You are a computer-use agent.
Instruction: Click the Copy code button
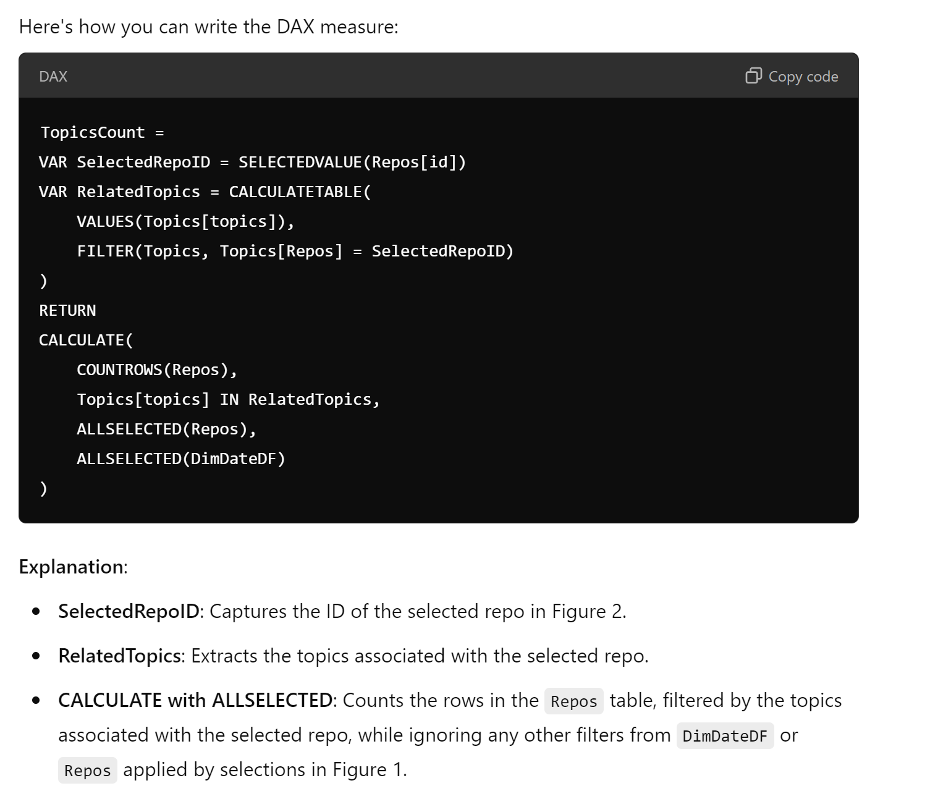coord(792,77)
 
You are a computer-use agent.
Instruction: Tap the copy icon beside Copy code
coord(754,75)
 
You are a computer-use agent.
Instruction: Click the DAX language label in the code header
coord(53,77)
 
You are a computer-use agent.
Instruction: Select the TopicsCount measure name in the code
coord(93,133)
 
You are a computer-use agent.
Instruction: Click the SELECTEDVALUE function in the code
coord(300,163)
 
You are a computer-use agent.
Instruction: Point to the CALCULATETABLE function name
coord(295,192)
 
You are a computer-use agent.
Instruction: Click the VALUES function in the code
coord(105,222)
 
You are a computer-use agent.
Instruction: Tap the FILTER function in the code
coord(105,252)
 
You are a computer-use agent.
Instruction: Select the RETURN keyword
coord(67,311)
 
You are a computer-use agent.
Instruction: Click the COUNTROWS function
coord(119,370)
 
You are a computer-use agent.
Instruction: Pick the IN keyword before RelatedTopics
coord(229,400)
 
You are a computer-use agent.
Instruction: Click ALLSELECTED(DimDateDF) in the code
coord(181,459)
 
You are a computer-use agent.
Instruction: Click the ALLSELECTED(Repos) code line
coord(166,429)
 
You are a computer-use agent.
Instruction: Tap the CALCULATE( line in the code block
coord(86,341)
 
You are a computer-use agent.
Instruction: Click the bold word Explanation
coord(71,567)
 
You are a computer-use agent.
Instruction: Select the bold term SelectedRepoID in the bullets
coord(129,611)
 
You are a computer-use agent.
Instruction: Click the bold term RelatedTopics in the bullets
coord(120,656)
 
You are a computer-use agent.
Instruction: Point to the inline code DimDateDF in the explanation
coord(725,736)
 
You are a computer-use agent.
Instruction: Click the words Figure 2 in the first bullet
coord(588,611)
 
